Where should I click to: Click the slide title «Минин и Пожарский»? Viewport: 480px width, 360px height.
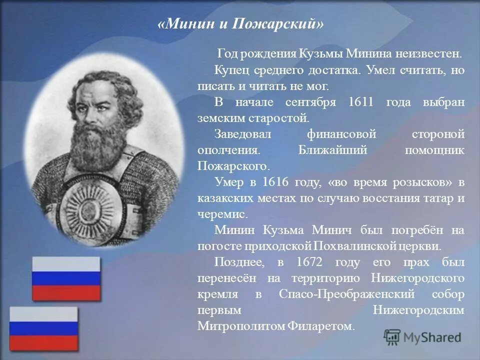(x=240, y=23)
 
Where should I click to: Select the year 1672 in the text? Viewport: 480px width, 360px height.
(x=309, y=262)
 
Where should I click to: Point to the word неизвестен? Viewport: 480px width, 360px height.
(x=429, y=54)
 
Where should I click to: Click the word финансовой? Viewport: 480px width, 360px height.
(x=341, y=134)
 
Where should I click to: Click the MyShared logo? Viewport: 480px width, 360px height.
(x=423, y=337)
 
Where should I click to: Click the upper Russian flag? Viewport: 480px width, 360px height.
(x=66, y=278)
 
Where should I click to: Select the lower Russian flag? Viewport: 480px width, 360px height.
(x=44, y=328)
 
